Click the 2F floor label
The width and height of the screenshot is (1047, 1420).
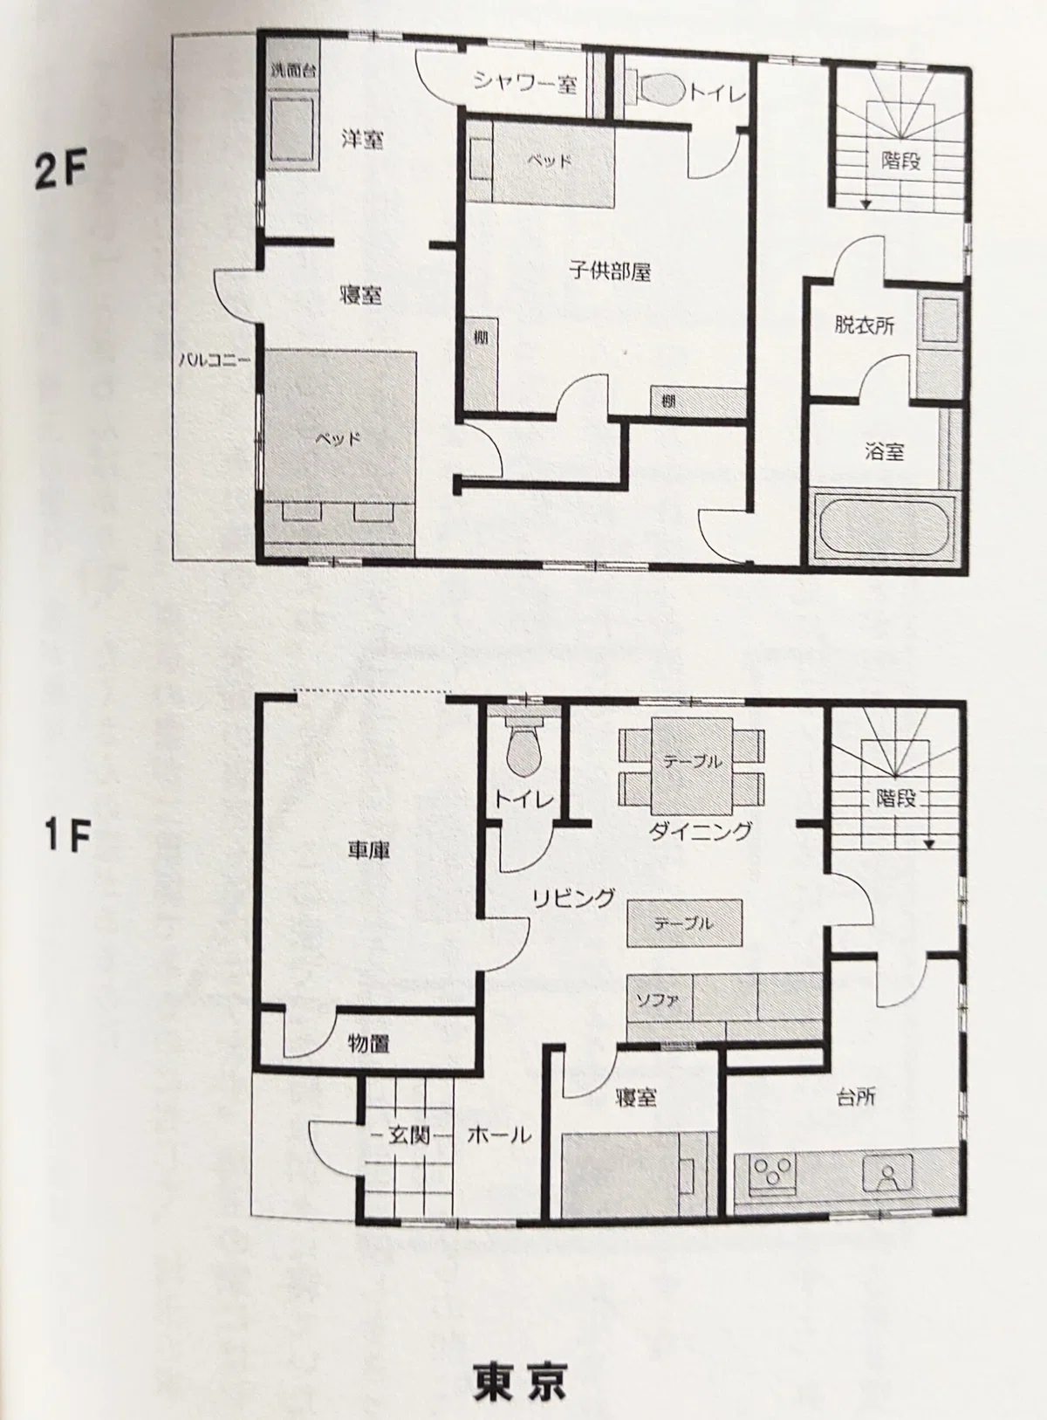[x=60, y=171]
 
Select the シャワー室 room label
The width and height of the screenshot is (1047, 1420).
[x=526, y=83]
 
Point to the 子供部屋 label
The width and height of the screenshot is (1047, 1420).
[x=610, y=271]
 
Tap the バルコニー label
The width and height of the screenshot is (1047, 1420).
[x=215, y=360]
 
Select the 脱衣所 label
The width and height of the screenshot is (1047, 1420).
[x=864, y=326]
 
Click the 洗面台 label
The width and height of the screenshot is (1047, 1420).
[x=293, y=69]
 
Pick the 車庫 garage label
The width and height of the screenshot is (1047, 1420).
[x=368, y=851]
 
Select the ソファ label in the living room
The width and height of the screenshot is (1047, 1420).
[x=657, y=999]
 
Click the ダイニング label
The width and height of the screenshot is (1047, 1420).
[x=700, y=830]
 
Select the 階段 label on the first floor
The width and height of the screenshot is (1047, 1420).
[x=896, y=798]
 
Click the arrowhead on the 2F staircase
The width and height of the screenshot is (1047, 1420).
[x=866, y=204]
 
